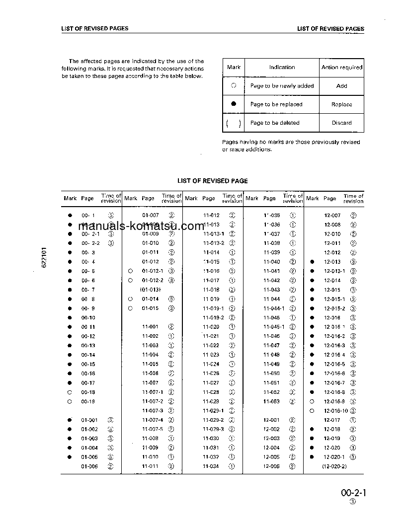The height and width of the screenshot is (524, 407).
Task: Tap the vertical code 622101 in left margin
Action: [44, 257]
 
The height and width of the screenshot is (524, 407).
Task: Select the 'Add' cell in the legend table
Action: [341, 86]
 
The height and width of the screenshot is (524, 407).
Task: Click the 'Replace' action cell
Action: [341, 104]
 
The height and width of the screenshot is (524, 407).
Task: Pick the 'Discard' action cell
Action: [341, 123]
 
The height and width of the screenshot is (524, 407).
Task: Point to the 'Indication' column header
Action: [282, 68]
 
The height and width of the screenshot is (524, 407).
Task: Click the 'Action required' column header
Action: [342, 68]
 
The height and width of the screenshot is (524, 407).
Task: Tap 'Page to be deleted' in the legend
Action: [275, 123]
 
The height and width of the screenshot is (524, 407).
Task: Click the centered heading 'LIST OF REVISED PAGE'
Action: [212, 181]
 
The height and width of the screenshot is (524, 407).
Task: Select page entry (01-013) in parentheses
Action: [150, 290]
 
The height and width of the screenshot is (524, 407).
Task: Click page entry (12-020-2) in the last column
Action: [334, 467]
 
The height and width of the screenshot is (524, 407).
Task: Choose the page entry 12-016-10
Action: [336, 411]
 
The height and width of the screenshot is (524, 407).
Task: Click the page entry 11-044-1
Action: [274, 308]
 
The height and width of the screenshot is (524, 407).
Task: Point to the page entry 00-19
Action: [88, 401]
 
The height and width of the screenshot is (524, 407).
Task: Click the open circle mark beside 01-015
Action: [130, 308]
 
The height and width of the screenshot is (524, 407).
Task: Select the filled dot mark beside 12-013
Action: [312, 262]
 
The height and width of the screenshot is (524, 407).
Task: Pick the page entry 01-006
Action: [89, 467]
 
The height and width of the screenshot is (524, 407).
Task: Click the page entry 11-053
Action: [271, 401]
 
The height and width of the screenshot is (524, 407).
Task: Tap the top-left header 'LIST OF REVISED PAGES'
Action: [95, 29]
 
